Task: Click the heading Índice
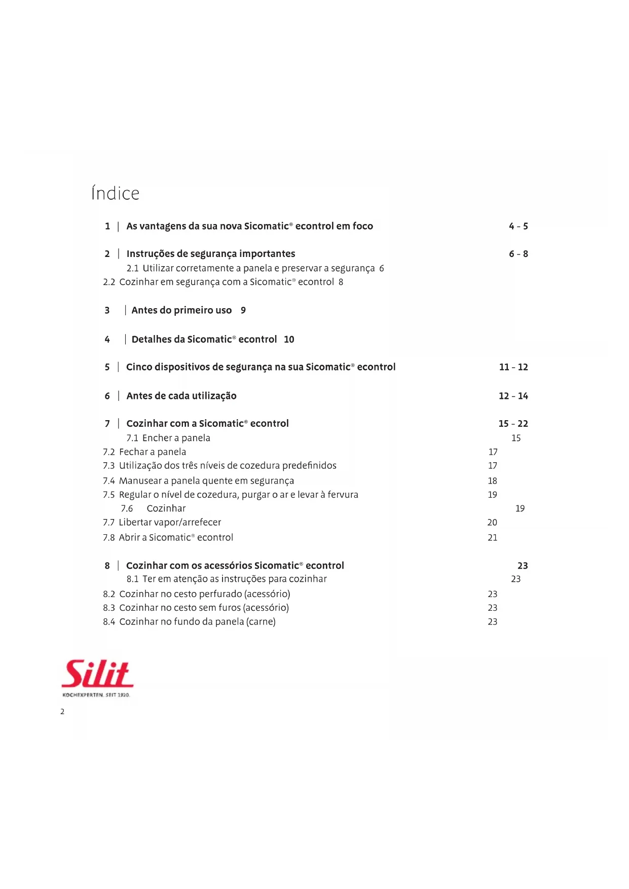pyautogui.click(x=115, y=193)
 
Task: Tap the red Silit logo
pyautogui.click(x=97, y=674)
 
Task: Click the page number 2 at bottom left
pyautogui.click(x=62, y=712)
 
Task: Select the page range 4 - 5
pyautogui.click(x=518, y=226)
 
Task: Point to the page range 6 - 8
pyautogui.click(x=518, y=254)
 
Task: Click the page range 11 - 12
pyautogui.click(x=513, y=367)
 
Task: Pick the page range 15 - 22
pyautogui.click(x=513, y=424)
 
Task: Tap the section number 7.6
pyautogui.click(x=127, y=508)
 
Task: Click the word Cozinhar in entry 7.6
pyautogui.click(x=166, y=508)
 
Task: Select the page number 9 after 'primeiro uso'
pyautogui.click(x=243, y=310)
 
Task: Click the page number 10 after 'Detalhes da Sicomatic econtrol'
pyautogui.click(x=289, y=340)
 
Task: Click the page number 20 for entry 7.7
pyautogui.click(x=492, y=522)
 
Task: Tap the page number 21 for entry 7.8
pyautogui.click(x=492, y=537)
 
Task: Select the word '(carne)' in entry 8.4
pyautogui.click(x=261, y=622)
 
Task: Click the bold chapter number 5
pyautogui.click(x=107, y=367)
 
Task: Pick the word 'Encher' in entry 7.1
pyautogui.click(x=157, y=438)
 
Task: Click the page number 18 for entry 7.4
pyautogui.click(x=492, y=480)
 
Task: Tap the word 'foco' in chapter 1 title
pyautogui.click(x=362, y=226)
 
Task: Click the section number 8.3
pyautogui.click(x=109, y=608)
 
